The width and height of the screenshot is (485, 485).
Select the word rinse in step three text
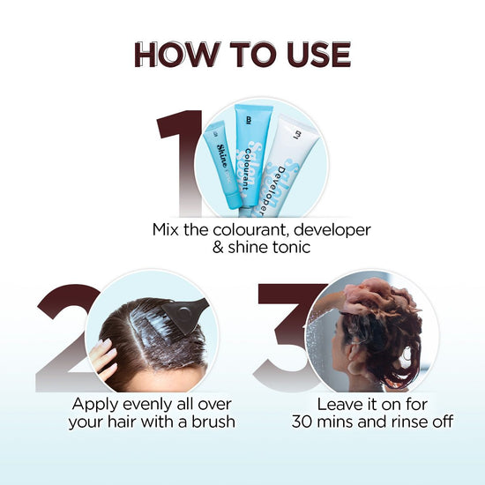click(x=404, y=422)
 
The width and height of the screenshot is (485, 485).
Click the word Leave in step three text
click(x=339, y=402)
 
